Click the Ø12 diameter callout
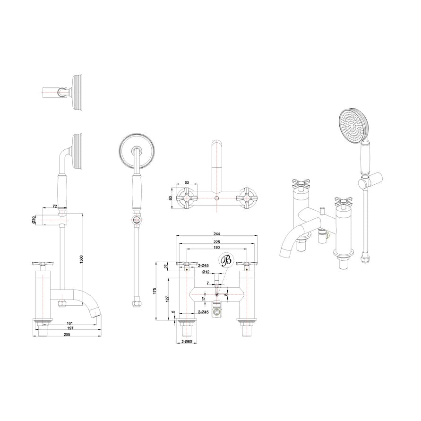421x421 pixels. [206, 272]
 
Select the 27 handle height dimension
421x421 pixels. [166, 266]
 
